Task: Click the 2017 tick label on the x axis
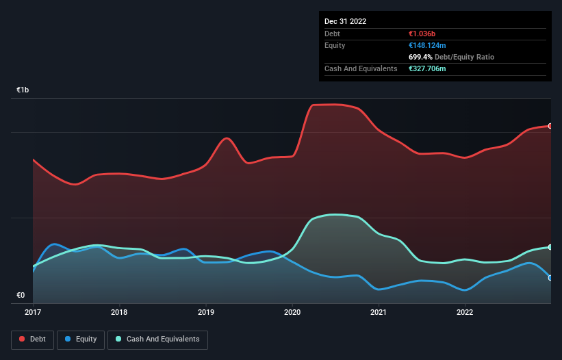33,313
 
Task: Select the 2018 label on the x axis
119,313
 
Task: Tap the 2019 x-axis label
205,313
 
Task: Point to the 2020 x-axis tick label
292,313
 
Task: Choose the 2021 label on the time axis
379,313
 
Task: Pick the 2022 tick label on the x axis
465,313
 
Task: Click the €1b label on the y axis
23,90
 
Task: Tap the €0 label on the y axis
21,296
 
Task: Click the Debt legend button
32,339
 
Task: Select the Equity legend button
81,339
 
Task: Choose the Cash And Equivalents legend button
157,339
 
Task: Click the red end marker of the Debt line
550,126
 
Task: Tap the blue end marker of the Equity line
550,278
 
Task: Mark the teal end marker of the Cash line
550,247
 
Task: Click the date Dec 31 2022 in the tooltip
346,21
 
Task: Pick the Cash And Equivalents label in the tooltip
361,69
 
